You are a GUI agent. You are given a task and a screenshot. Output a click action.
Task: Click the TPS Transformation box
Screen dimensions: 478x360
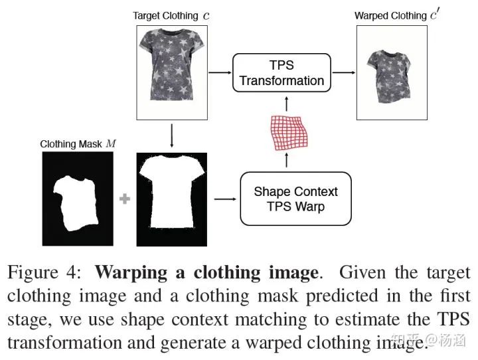tap(281, 73)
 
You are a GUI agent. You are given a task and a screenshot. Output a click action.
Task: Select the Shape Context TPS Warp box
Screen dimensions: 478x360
tap(295, 199)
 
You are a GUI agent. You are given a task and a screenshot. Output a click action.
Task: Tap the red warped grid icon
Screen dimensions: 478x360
tap(287, 132)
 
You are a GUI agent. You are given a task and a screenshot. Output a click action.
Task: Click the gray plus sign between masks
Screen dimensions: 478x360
tap(124, 199)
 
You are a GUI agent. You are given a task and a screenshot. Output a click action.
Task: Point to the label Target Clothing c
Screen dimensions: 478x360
tap(171, 15)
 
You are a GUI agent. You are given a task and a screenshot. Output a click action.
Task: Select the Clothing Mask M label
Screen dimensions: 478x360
tap(77, 143)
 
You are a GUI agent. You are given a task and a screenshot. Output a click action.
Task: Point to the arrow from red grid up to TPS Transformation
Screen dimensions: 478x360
tap(286, 103)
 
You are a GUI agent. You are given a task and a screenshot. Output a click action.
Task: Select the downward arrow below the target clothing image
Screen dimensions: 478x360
tap(172, 136)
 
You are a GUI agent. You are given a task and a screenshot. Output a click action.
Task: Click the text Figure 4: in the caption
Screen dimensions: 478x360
tap(44, 272)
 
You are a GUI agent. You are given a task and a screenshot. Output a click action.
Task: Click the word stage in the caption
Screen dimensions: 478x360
tap(27, 319)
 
